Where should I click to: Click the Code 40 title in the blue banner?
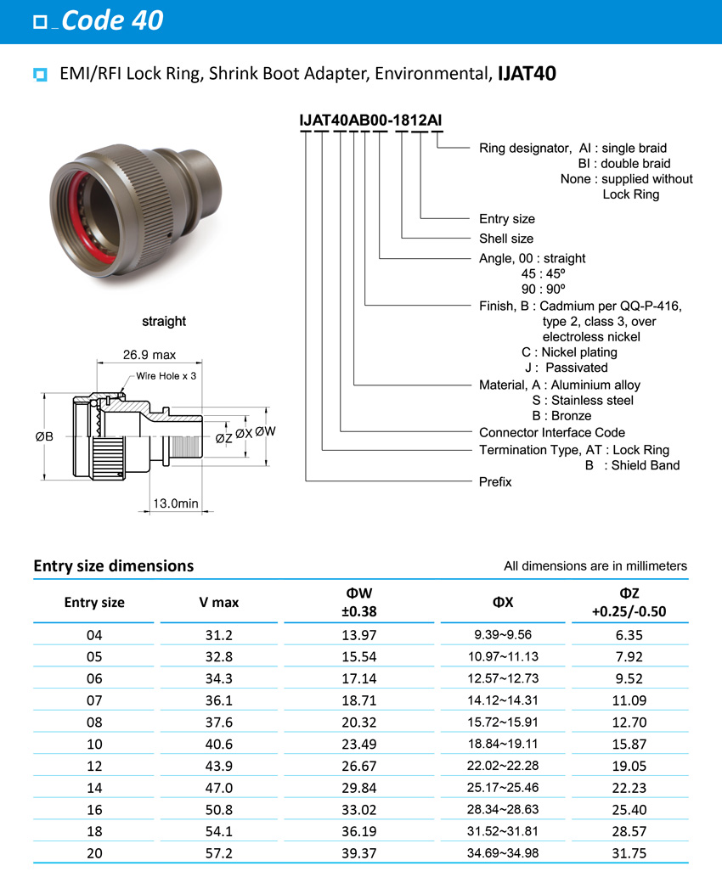pos(112,20)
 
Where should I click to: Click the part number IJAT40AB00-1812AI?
pos(369,121)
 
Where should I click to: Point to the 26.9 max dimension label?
pos(149,355)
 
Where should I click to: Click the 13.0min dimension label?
pos(176,503)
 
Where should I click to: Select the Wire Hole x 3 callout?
pos(166,375)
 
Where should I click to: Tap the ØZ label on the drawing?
pos(223,438)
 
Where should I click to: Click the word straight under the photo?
pos(164,321)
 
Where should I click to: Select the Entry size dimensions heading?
pos(113,565)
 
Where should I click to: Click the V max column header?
pos(218,603)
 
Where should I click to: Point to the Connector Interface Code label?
pos(552,433)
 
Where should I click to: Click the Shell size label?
pos(506,239)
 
